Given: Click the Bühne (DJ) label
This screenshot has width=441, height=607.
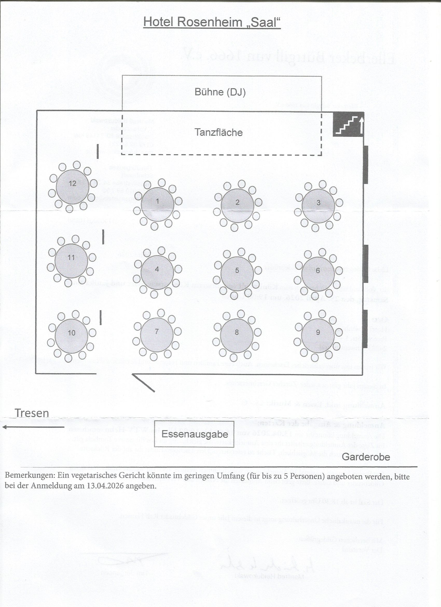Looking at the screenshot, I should tap(220, 92).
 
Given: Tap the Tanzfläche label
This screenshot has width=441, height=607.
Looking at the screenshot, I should tap(218, 132).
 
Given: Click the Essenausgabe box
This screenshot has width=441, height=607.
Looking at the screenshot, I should tap(194, 434).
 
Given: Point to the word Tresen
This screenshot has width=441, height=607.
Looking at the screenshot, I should tap(32, 413).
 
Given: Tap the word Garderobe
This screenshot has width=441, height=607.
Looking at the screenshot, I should tap(366, 457).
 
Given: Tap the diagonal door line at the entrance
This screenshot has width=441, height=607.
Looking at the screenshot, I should tap(143, 383).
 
